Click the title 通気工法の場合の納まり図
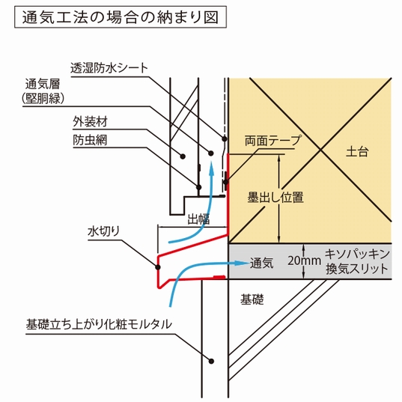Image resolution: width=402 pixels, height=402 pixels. click(x=121, y=17)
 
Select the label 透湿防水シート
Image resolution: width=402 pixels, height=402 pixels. click(x=109, y=68)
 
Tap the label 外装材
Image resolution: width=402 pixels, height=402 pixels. click(x=91, y=121)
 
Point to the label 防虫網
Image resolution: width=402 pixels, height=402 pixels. click(x=90, y=140)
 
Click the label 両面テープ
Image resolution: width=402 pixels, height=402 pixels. click(x=272, y=141)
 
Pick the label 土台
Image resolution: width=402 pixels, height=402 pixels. click(x=357, y=151)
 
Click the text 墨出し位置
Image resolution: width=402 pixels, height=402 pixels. click(x=275, y=198)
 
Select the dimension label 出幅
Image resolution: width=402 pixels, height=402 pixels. click(x=198, y=219)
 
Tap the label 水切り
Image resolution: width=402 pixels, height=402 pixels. click(x=104, y=231)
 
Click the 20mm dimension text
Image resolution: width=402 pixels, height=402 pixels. click(x=305, y=261)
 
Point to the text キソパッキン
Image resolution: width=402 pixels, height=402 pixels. click(x=357, y=254)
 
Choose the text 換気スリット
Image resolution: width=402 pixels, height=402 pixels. click(x=357, y=269)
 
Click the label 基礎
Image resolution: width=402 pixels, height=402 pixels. click(x=252, y=299)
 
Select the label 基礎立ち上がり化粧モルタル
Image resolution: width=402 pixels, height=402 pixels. click(x=99, y=324)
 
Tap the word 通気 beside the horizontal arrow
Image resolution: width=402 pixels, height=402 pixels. click(x=262, y=264)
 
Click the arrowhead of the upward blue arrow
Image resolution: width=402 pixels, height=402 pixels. click(x=212, y=166)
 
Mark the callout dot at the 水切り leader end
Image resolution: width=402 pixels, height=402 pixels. click(x=158, y=267)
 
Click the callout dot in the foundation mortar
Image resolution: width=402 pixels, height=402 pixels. click(x=211, y=361)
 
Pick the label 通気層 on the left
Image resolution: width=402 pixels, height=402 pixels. click(x=43, y=84)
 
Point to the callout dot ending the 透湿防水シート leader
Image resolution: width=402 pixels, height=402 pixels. click(x=225, y=138)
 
